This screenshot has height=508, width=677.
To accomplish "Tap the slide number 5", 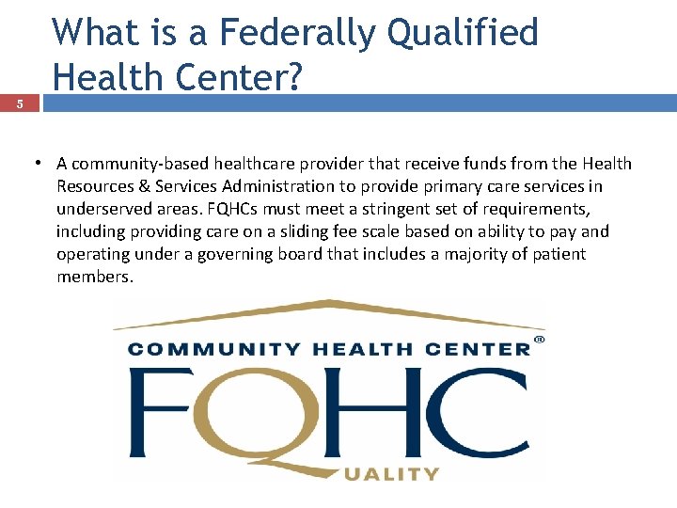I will click(21, 104).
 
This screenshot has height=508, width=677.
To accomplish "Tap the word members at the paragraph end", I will click(93, 277).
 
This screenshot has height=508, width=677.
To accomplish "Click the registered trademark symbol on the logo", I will click(539, 339).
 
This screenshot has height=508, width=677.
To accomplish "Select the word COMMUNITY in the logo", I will click(211, 349).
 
